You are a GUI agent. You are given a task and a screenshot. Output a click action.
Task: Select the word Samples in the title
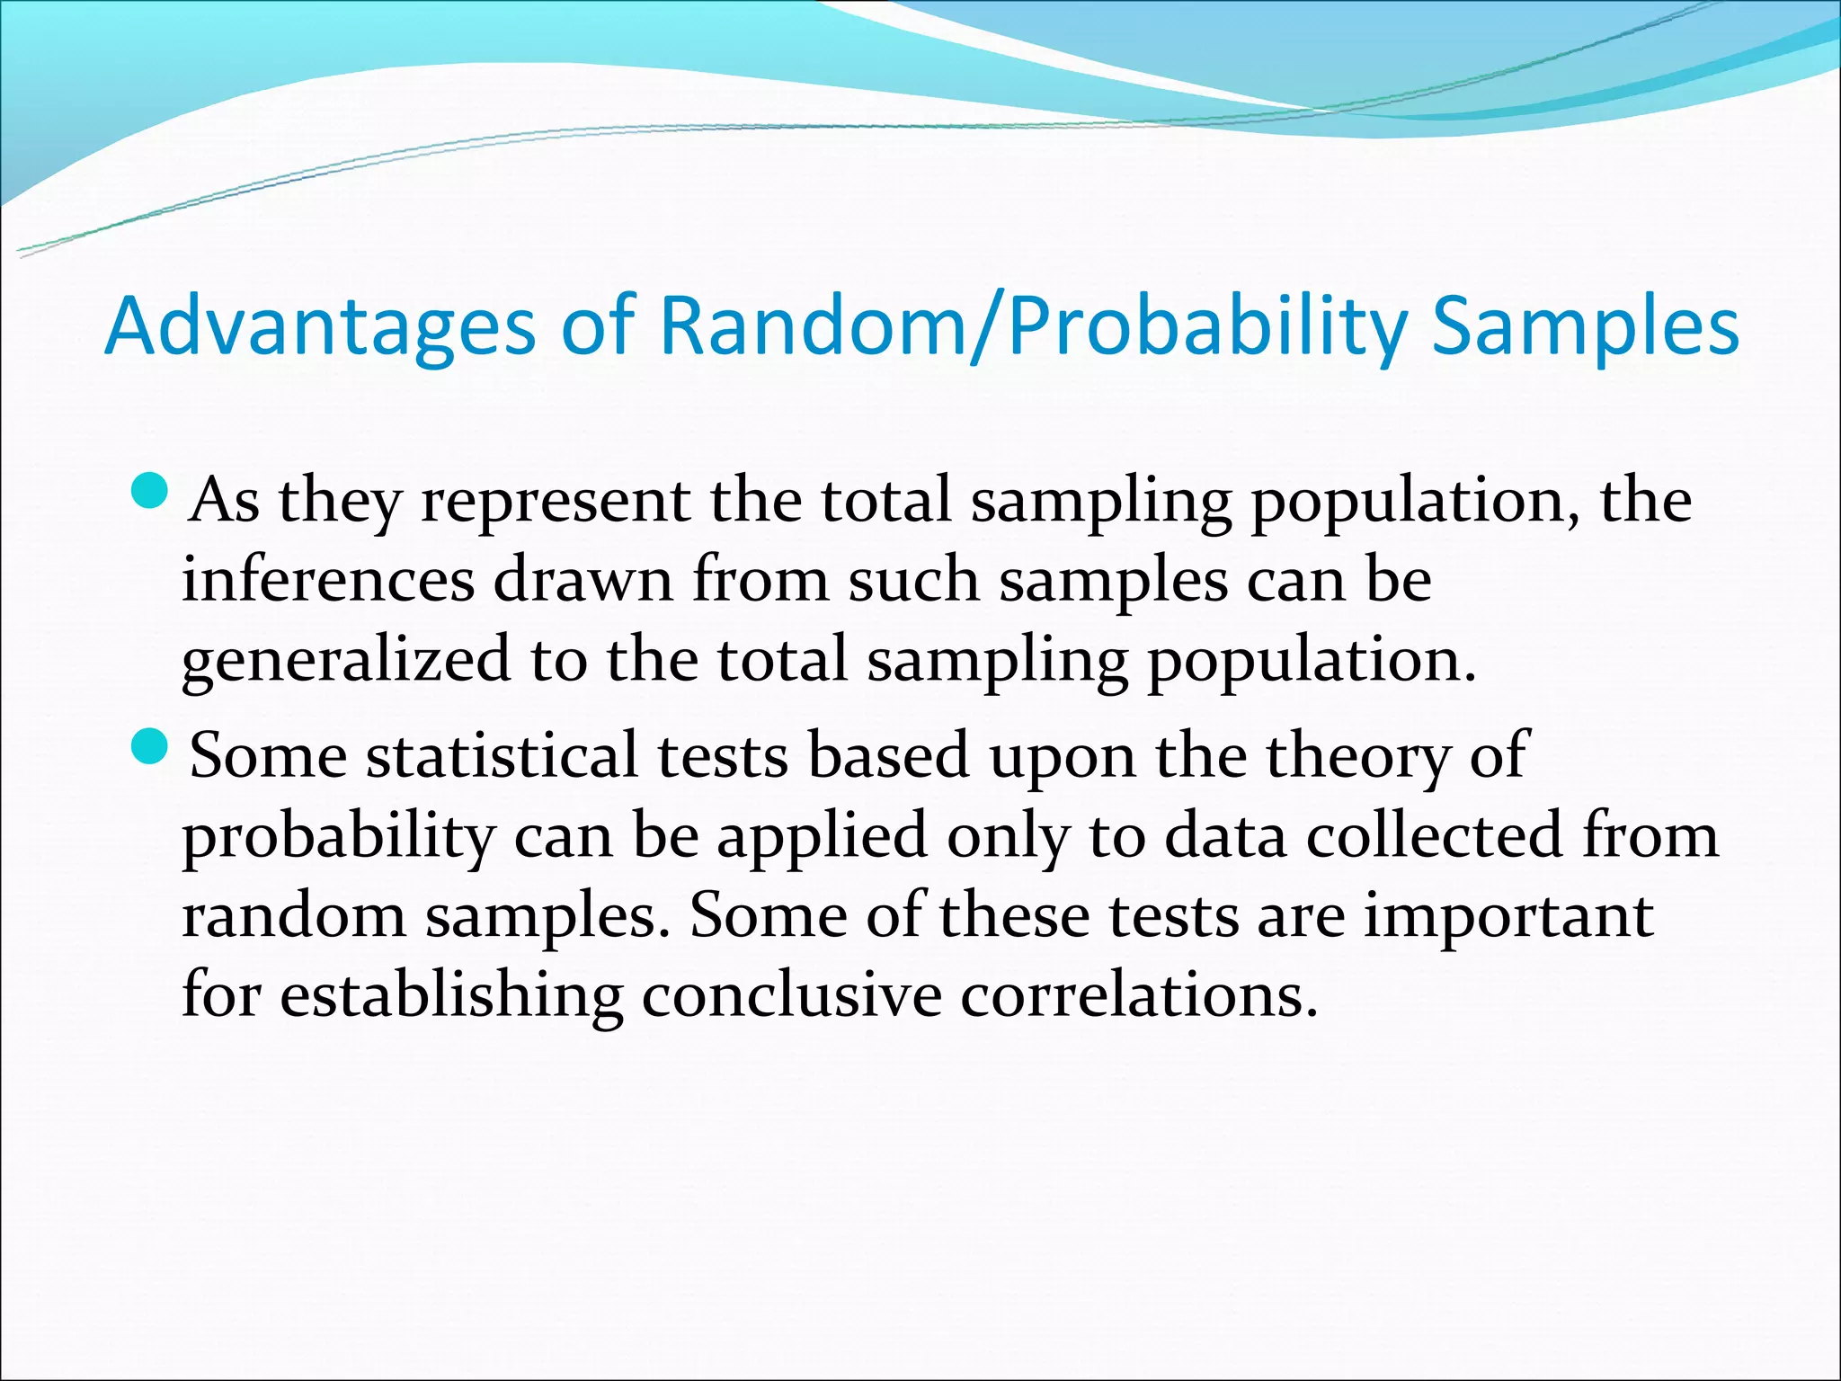point(1585,327)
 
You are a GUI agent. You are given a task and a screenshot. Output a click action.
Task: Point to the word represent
point(555,502)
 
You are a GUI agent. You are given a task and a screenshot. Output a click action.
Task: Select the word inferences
point(328,580)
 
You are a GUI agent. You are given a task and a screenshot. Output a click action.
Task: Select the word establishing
point(451,996)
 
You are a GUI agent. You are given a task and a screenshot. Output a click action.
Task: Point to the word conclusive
point(791,996)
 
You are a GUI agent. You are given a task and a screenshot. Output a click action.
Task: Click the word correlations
point(1138,996)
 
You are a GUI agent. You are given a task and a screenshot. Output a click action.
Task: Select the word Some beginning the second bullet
point(268,755)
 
